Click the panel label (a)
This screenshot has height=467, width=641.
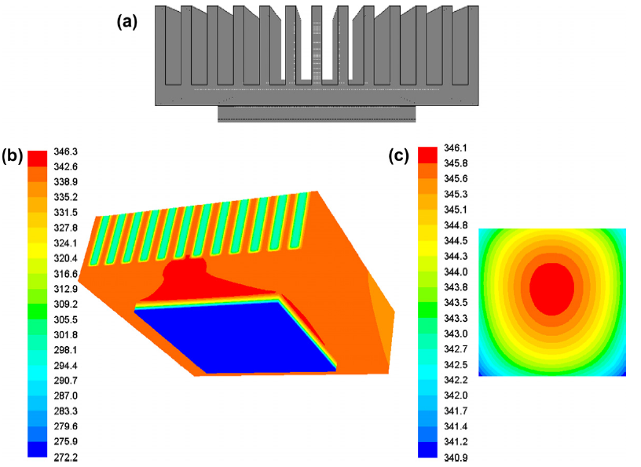(x=127, y=21)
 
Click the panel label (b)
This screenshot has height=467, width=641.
(x=13, y=155)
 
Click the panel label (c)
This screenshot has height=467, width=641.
(x=398, y=155)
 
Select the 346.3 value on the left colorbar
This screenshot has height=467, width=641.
(x=65, y=151)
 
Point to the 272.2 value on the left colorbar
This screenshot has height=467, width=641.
(x=65, y=458)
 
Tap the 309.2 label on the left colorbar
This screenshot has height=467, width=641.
(x=65, y=305)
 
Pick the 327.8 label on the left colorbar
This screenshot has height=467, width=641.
(x=65, y=228)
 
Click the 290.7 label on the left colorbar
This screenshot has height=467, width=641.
(x=65, y=381)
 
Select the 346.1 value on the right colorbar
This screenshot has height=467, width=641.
(x=456, y=148)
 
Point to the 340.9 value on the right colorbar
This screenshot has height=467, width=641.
(x=456, y=458)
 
